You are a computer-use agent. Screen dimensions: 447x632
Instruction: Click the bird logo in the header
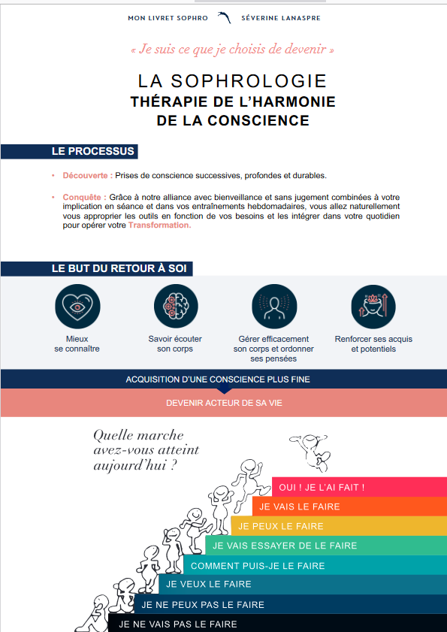pyautogui.click(x=224, y=17)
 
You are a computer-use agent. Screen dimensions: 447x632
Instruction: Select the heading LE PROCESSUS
pyautogui.click(x=92, y=151)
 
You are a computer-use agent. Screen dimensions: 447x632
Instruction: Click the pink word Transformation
pyautogui.click(x=159, y=225)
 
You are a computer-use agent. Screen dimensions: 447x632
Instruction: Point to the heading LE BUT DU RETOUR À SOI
pyautogui.click(x=119, y=268)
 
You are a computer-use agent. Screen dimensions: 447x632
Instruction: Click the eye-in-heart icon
pyautogui.click(x=77, y=307)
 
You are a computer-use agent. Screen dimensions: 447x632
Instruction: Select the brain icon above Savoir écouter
pyautogui.click(x=176, y=307)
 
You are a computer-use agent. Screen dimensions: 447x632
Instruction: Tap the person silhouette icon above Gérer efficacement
pyautogui.click(x=274, y=307)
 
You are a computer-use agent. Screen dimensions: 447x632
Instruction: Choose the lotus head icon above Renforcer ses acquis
pyautogui.click(x=373, y=307)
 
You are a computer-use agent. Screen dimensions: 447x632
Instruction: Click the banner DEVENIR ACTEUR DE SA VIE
pyautogui.click(x=224, y=403)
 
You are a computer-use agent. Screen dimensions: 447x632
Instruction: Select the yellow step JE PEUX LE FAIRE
pyautogui.click(x=278, y=526)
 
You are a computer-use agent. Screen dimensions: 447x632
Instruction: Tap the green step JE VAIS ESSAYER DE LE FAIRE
pyautogui.click(x=285, y=546)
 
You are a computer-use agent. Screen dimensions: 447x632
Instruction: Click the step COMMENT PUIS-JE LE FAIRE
pyautogui.click(x=247, y=565)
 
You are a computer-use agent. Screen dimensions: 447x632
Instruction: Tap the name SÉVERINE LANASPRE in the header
pyautogui.click(x=279, y=17)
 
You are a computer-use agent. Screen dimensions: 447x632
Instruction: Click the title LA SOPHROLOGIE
pyautogui.click(x=232, y=81)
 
